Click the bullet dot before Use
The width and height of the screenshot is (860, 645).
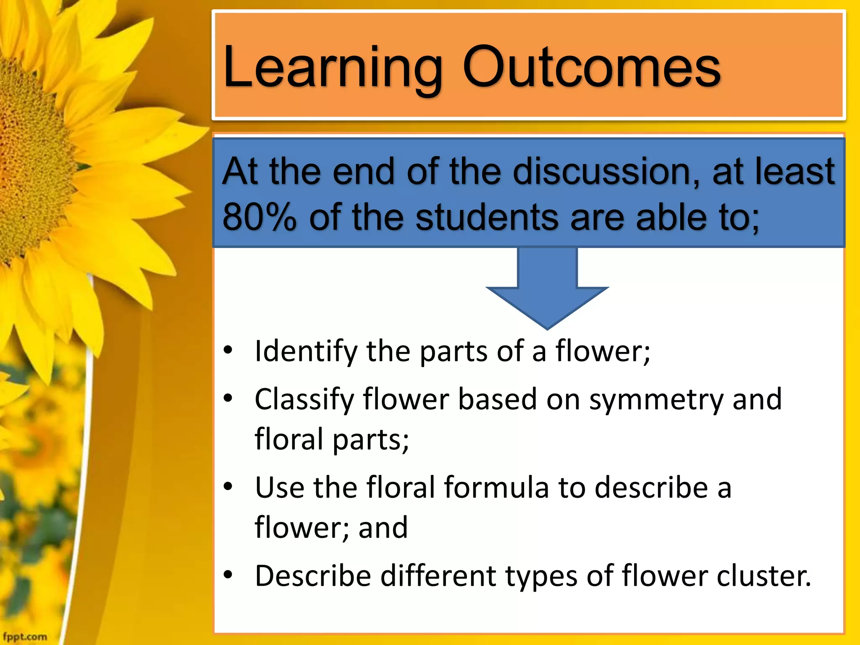point(228,487)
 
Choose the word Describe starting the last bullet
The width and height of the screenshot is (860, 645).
point(313,576)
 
